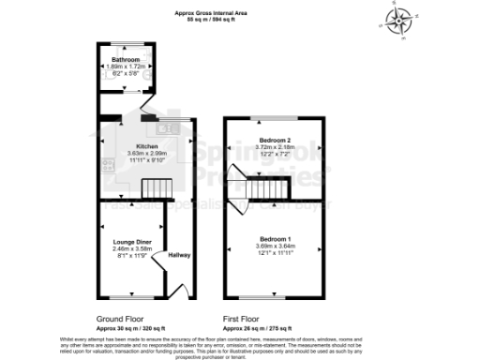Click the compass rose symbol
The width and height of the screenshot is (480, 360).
pyautogui.click(x=400, y=21)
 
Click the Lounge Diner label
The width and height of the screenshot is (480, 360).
pyautogui.click(x=131, y=241)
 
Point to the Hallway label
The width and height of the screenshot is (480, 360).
pyautogui.click(x=179, y=255)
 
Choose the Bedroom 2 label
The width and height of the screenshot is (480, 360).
pyautogui.click(x=274, y=140)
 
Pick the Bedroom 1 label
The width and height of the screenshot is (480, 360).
pyautogui.click(x=275, y=239)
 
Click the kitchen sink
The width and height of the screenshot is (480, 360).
pyautogui.click(x=170, y=127)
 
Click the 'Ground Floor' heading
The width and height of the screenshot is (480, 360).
pyautogui.click(x=121, y=319)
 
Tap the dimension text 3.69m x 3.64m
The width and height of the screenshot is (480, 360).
pyautogui.click(x=275, y=246)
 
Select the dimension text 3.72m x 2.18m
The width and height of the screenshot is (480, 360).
pyautogui.click(x=274, y=147)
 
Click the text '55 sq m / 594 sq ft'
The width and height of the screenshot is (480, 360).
pyautogui.click(x=211, y=19)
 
